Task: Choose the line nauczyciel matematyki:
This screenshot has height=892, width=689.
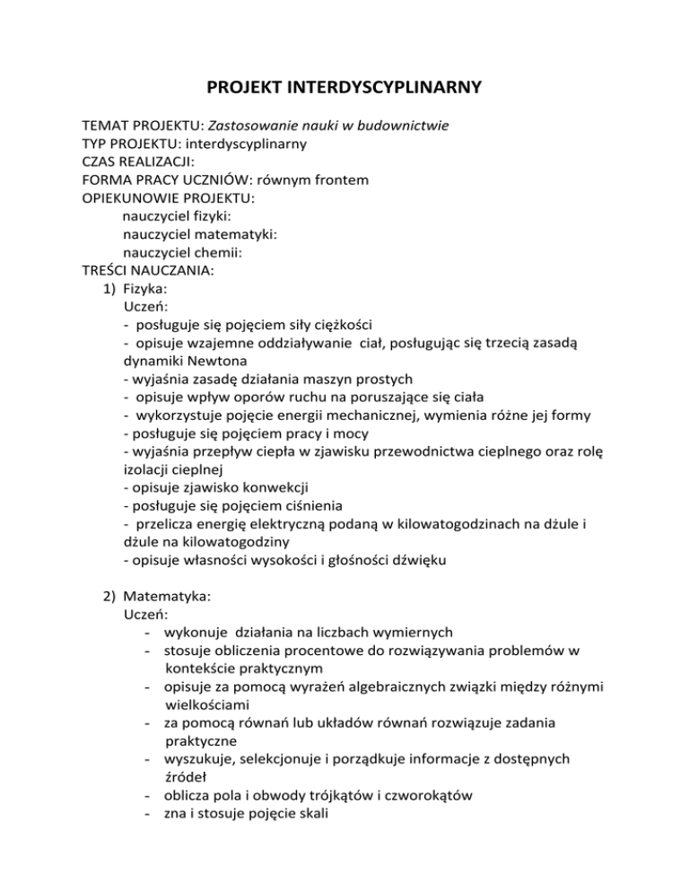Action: coord(199,235)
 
